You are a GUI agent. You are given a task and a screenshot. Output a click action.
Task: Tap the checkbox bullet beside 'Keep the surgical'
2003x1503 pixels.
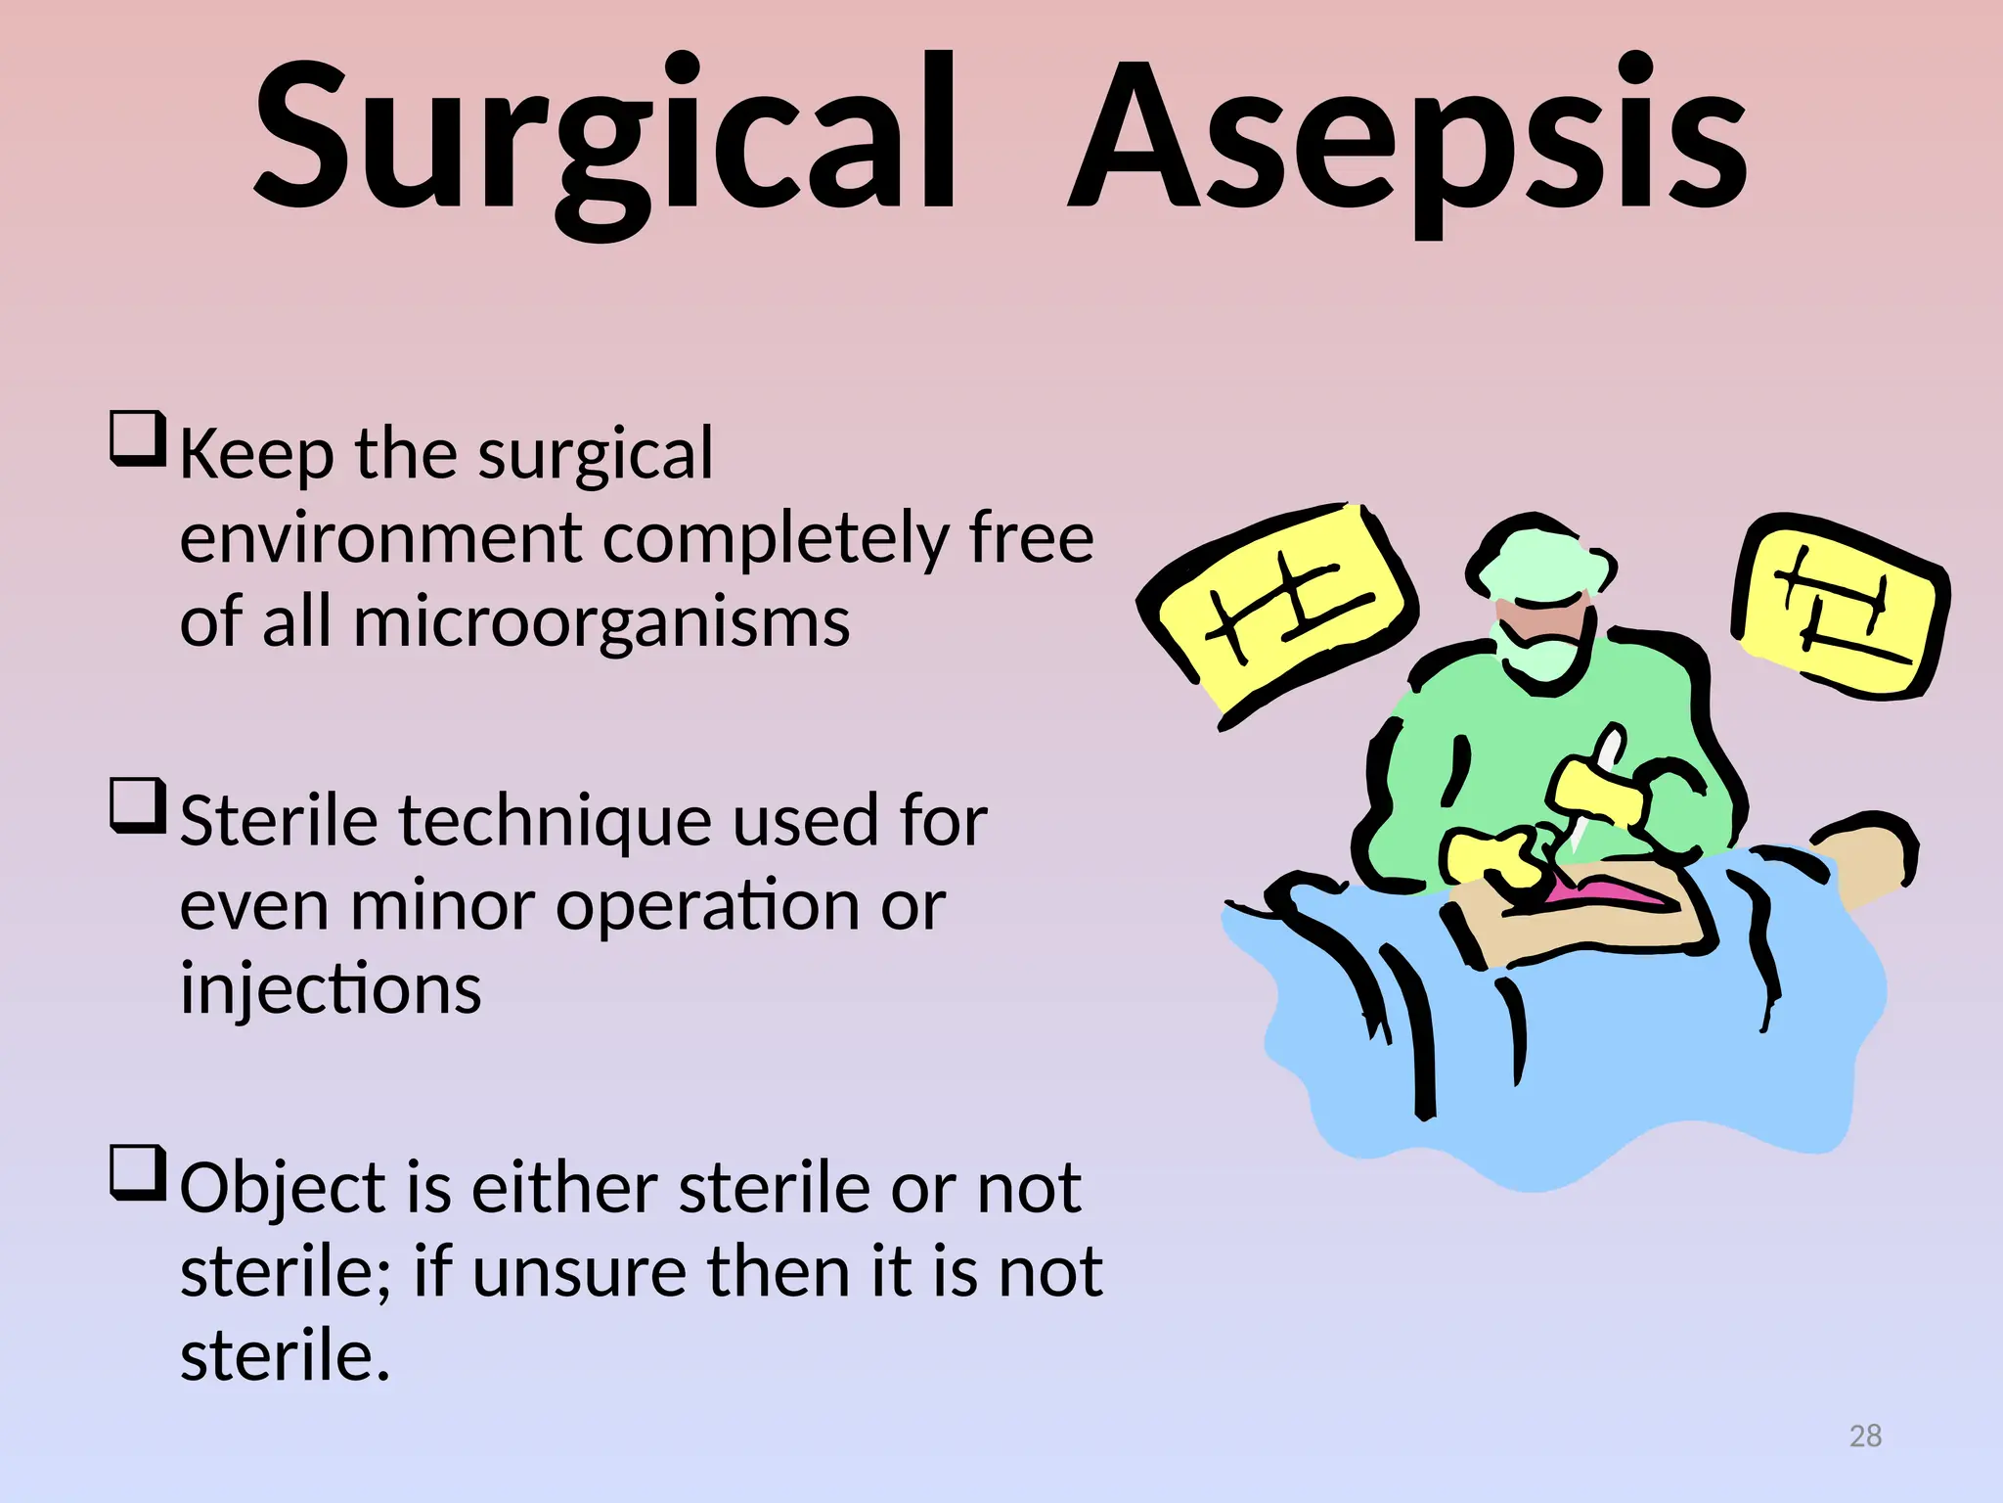[x=137, y=439]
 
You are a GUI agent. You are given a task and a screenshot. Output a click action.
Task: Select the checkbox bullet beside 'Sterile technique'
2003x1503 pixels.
[x=137, y=805]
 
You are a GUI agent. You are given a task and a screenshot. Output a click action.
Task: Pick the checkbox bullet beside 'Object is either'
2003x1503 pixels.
[x=137, y=1172]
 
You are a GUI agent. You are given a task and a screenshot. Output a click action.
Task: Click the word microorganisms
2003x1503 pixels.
[x=601, y=622]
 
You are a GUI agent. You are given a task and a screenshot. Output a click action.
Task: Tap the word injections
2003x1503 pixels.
[x=331, y=989]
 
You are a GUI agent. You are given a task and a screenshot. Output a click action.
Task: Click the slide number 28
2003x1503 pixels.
[x=1865, y=1435]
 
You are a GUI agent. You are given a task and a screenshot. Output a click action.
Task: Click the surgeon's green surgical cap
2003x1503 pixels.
[x=1540, y=563]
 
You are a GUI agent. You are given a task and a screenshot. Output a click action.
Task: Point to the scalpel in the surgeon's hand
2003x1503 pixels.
[x=1594, y=783]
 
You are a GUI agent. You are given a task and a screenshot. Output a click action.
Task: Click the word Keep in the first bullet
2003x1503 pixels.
[x=255, y=455]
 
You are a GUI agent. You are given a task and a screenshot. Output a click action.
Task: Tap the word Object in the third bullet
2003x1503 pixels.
[x=284, y=1190]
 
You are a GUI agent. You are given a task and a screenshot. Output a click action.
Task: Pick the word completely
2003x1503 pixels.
[x=775, y=539]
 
